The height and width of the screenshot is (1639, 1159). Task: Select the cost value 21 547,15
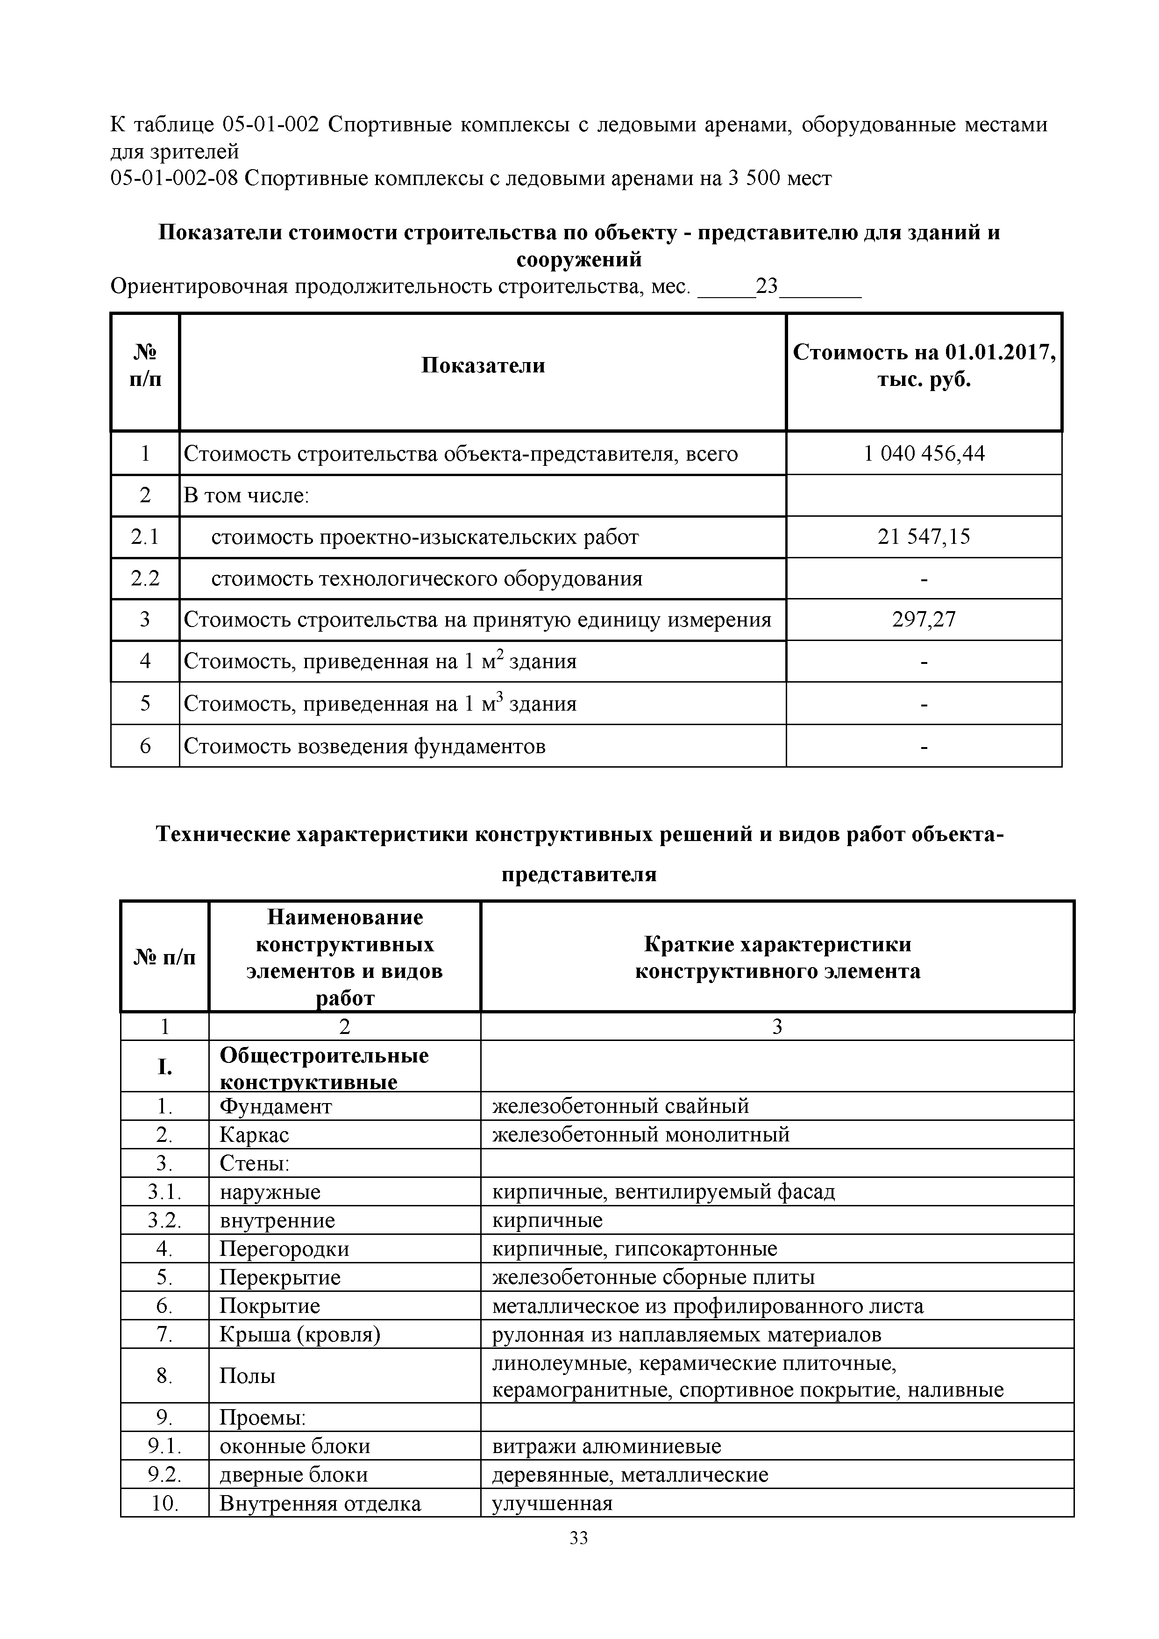pos(924,537)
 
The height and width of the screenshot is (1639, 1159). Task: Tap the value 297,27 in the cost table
pos(924,620)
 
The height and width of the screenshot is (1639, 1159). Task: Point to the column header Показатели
pos(483,365)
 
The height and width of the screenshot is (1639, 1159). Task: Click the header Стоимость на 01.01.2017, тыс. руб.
pos(924,365)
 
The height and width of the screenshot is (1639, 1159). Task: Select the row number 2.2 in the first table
pos(145,578)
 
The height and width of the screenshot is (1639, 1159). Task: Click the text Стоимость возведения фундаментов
pos(365,747)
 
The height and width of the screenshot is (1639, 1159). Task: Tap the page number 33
pos(579,1558)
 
